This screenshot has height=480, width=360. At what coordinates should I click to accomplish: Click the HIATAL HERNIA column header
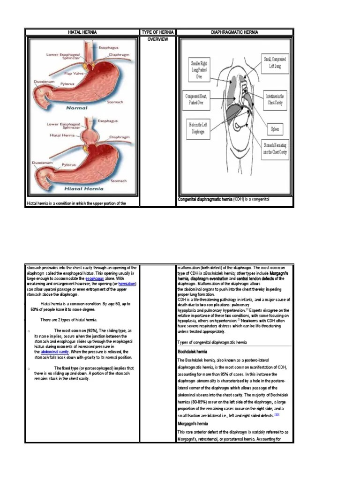tap(82, 32)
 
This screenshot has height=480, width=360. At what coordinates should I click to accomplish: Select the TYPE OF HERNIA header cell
tap(157, 32)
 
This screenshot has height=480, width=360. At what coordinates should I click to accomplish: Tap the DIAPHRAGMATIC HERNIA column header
tap(235, 32)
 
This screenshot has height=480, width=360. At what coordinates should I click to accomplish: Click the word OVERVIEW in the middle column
tap(157, 39)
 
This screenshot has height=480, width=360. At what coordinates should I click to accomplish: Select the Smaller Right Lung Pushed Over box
tap(199, 69)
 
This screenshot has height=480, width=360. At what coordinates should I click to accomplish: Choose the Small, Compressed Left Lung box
tap(275, 62)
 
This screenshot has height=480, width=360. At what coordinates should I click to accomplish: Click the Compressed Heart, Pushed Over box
tap(198, 98)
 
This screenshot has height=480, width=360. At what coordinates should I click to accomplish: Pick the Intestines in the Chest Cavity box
tap(276, 99)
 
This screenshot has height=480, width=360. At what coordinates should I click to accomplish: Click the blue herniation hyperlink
tap(127, 284)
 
